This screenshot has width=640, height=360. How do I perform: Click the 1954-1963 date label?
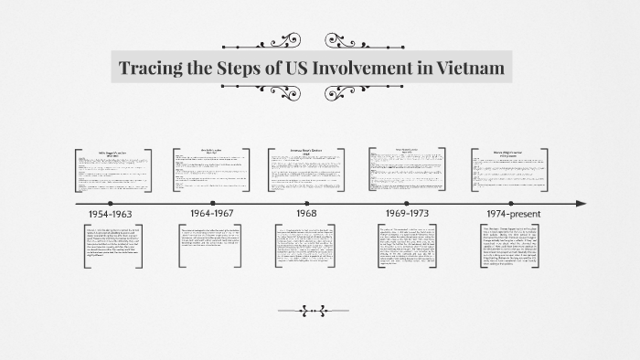point(110,214)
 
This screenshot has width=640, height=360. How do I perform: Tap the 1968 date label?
point(307,214)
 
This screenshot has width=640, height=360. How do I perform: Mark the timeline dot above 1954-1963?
point(110,203)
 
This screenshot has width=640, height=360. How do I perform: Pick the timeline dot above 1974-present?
point(508,203)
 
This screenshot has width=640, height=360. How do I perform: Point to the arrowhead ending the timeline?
point(580,203)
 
